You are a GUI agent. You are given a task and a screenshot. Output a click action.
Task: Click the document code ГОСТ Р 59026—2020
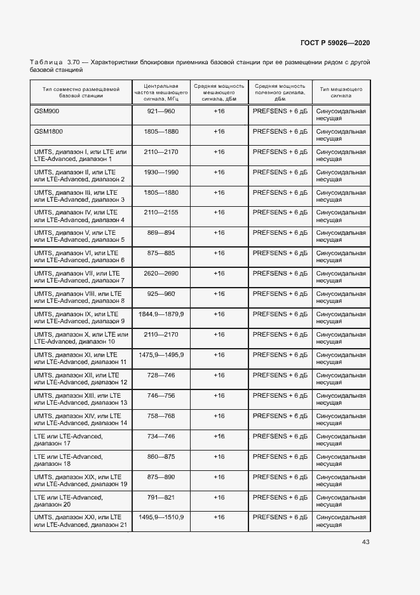tap(335, 43)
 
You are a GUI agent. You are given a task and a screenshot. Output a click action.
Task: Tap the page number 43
tap(365, 542)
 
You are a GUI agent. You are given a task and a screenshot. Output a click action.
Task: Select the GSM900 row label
tap(46, 111)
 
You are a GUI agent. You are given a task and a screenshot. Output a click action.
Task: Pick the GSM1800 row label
tap(48, 131)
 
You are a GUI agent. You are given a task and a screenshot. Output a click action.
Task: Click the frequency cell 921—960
tap(161, 111)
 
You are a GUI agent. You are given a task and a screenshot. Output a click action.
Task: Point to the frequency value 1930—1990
tap(161, 172)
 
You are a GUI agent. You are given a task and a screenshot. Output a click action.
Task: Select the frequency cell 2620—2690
tap(161, 274)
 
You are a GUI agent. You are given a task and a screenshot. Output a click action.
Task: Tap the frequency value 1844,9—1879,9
tap(161, 314)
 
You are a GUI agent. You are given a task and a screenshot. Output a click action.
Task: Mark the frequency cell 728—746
tap(161, 375)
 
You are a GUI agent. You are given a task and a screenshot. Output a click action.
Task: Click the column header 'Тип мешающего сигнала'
tap(341, 94)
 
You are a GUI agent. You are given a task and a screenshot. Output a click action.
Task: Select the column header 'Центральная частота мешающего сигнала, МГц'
tap(161, 93)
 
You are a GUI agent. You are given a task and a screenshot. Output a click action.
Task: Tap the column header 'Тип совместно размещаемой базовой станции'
tap(81, 94)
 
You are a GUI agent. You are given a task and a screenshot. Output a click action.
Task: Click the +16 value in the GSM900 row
tap(219, 111)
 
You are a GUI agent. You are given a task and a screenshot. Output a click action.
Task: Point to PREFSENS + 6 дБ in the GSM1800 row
tap(280, 131)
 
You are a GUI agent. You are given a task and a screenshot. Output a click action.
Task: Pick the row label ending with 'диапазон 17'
tap(69, 440)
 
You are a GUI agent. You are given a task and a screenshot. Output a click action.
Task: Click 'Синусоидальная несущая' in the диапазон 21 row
tap(341, 522)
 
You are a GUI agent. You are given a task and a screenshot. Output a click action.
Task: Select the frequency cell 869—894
tap(161, 233)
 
